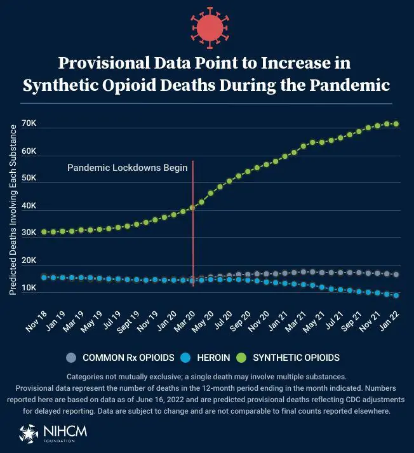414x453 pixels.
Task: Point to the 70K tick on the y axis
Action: pos(29,124)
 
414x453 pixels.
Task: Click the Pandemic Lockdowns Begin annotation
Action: pos(127,168)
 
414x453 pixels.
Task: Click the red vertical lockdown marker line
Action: pos(192,241)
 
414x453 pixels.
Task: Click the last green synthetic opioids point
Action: pos(396,124)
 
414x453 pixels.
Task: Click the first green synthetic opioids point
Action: pos(44,232)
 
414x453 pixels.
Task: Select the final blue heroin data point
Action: pos(396,295)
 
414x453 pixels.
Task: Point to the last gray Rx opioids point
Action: pos(396,274)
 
